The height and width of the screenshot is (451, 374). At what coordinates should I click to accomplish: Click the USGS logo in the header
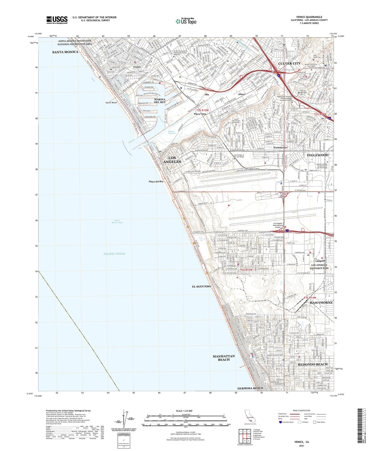[57, 20]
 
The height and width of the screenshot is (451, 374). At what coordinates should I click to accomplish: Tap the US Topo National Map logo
[186, 21]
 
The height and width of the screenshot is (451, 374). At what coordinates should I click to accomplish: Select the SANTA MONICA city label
[65, 52]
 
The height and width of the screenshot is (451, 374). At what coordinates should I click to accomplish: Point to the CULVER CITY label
[289, 63]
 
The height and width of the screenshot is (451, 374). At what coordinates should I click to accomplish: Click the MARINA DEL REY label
[160, 100]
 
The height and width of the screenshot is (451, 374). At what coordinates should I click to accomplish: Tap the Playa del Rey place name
[156, 181]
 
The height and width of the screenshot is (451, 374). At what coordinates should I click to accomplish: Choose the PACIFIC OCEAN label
[114, 254]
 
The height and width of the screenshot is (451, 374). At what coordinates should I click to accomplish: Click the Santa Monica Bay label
[117, 221]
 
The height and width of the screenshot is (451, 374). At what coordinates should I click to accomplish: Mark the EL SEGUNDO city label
[201, 286]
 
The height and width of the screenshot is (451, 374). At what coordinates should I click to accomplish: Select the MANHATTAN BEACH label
[224, 358]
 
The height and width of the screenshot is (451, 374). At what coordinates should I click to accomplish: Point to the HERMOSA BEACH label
[250, 388]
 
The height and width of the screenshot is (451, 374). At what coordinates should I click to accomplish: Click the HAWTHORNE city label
[321, 302]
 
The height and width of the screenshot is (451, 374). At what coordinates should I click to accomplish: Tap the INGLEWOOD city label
[317, 155]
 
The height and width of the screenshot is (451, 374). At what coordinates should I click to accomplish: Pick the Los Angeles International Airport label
[278, 225]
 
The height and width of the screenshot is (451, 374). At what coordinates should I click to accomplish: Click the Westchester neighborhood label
[281, 147]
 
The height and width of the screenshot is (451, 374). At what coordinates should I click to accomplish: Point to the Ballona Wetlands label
[172, 132]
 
